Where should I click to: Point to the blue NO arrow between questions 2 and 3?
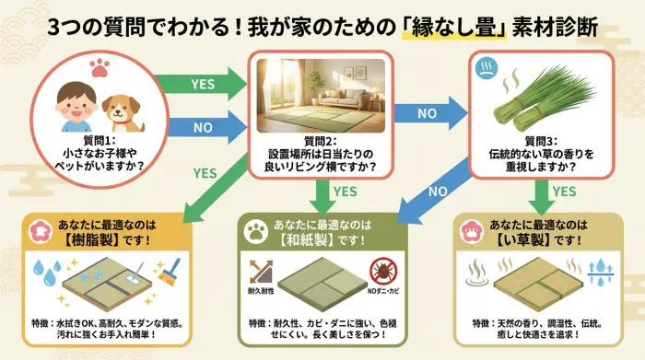425,113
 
